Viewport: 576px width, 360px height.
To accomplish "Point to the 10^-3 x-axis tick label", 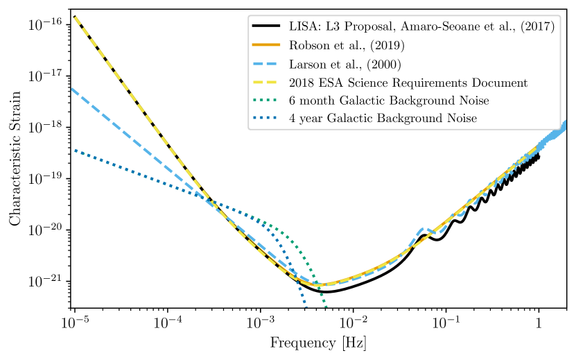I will tap(260, 323).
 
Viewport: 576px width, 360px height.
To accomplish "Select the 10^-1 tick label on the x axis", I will tap(446, 323).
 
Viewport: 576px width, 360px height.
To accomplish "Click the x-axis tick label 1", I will tap(539, 324).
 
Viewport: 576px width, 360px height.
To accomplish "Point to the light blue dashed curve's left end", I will tap(73, 89).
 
